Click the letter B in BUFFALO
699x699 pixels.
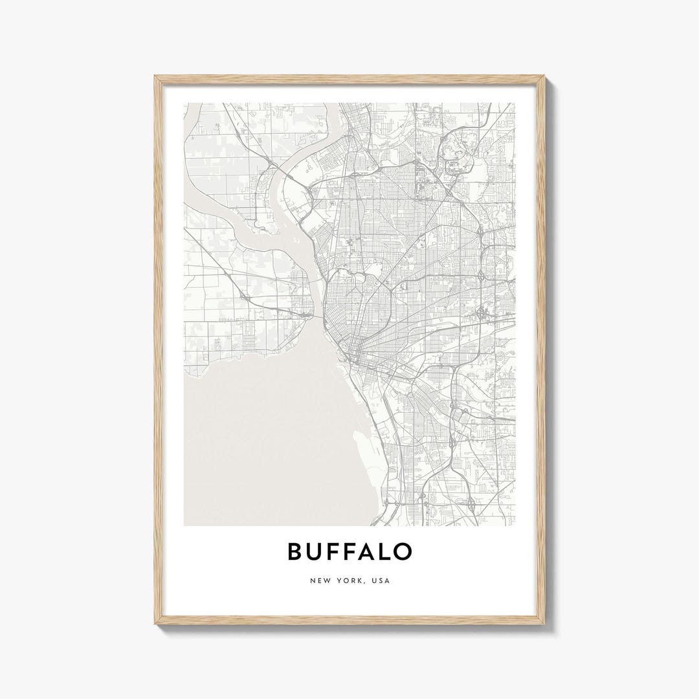coord(294,551)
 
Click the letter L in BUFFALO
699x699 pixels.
coord(388,551)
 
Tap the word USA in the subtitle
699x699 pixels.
coord(381,581)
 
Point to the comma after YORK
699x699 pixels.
coord(366,583)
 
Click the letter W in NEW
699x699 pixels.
coord(327,581)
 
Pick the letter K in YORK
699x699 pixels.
coord(361,581)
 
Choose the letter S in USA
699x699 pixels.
coord(381,581)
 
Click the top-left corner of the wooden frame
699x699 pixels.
coord(155,76)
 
